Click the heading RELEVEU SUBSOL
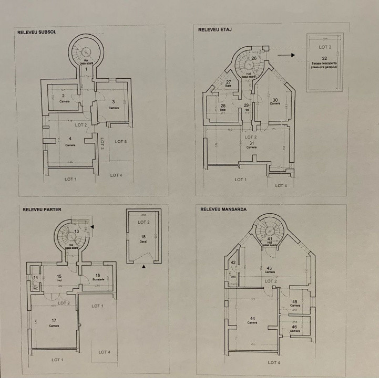coord(37,31)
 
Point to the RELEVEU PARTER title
coord(42,209)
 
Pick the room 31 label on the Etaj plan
coord(251,143)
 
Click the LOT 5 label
coord(121,141)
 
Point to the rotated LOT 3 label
coord(103,145)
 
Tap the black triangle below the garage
coord(144,267)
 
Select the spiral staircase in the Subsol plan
coord(84,52)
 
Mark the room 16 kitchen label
coord(97,277)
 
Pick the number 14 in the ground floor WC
coord(36,277)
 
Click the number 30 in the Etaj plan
coord(274,99)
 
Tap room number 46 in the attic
coord(294,327)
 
